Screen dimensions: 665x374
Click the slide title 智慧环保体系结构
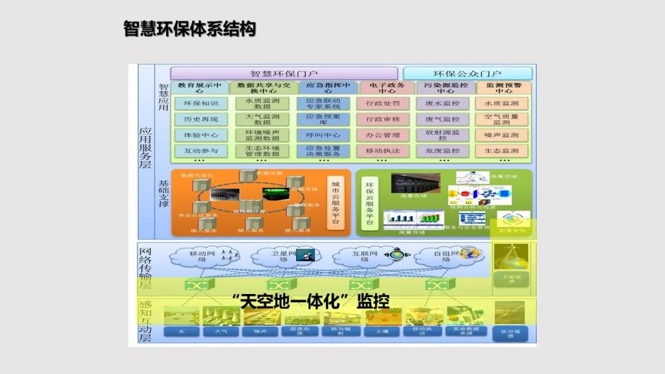189,29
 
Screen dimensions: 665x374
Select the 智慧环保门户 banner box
284,74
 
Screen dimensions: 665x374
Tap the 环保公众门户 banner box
467,74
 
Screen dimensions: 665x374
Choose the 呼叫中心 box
323,135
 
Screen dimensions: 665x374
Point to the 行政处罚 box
383,103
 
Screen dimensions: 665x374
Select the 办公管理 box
383,135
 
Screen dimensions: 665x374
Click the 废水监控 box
442,103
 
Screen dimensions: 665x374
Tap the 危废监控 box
442,151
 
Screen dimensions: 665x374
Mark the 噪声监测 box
501,135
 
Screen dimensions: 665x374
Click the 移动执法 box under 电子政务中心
383,151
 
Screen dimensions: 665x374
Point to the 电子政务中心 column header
383,88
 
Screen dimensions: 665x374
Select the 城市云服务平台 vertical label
336,201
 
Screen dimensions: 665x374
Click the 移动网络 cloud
197,257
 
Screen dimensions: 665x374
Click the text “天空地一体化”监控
311,301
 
